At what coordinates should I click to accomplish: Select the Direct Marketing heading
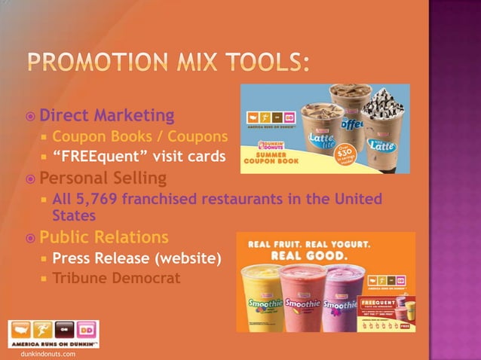[x=106, y=116]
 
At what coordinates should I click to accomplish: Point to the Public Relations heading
[x=104, y=238]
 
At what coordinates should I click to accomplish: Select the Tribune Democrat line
[x=116, y=279]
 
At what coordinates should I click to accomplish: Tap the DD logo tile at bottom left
[x=88, y=331]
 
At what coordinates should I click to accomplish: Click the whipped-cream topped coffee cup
[x=383, y=132]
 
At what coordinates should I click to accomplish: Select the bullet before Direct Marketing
[x=29, y=117]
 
